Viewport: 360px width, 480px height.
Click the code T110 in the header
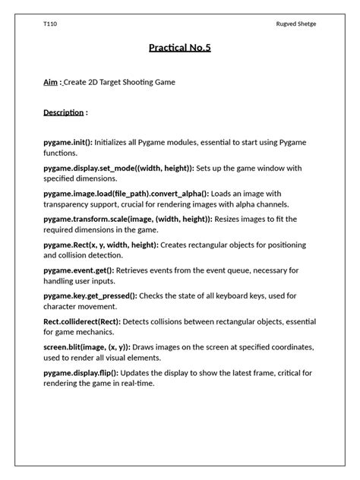pos(50,24)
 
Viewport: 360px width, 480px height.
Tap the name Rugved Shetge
pos(296,24)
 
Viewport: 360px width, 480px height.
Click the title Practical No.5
pos(180,49)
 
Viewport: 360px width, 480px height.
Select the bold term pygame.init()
pos(68,142)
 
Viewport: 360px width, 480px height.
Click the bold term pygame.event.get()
pos(79,270)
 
